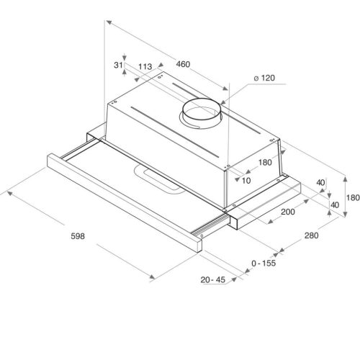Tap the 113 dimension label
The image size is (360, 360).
pyautogui.click(x=145, y=66)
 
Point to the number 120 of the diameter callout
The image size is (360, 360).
pyautogui.click(x=266, y=78)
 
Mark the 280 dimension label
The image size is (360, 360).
pyautogui.click(x=311, y=235)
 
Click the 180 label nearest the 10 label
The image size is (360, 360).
pyautogui.click(x=265, y=162)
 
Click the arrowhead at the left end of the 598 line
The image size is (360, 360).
pyautogui.click(x=7, y=192)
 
